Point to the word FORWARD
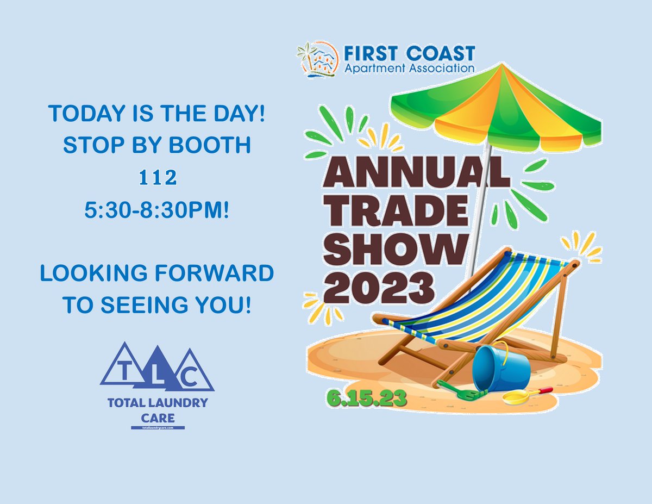[218, 273]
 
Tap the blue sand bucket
[500, 369]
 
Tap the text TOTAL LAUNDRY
[157, 403]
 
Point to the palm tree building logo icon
[318, 60]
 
